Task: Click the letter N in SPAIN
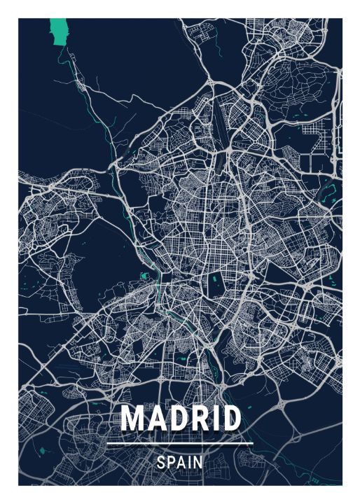coord(198,463)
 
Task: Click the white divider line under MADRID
coord(180,444)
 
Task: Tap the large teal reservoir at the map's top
coord(62,31)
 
